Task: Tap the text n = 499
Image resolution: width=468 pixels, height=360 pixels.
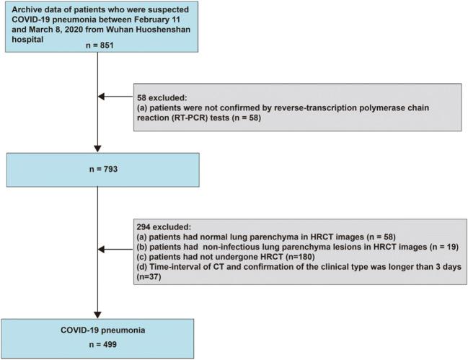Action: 97,344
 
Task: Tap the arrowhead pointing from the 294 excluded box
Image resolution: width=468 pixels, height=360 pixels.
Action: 104,250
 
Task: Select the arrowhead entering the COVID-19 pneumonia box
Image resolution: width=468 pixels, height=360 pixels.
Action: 97,311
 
